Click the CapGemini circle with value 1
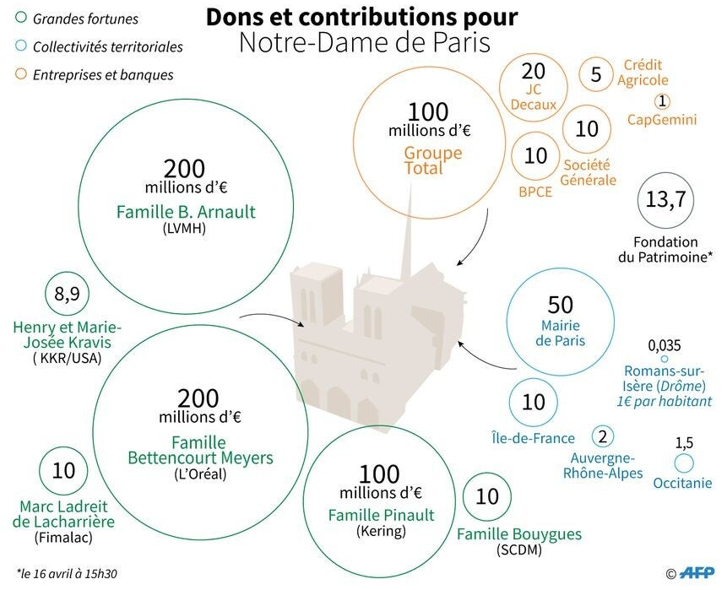pos(662,101)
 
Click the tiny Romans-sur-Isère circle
pos(665,360)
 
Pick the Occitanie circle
pos(684,463)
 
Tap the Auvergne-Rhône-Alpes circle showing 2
pos(603,436)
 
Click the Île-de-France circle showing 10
pos(534,403)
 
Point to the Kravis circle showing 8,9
pos(67,295)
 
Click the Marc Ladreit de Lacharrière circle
pos(64,471)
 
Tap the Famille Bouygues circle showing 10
pos(488,497)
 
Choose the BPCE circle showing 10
pos(536,156)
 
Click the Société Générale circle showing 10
pos(587,129)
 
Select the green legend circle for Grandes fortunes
pos(20,18)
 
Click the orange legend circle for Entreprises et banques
pos(20,74)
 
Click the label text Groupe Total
pos(433,160)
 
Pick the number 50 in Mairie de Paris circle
pos(560,306)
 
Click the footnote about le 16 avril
pos(67,573)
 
